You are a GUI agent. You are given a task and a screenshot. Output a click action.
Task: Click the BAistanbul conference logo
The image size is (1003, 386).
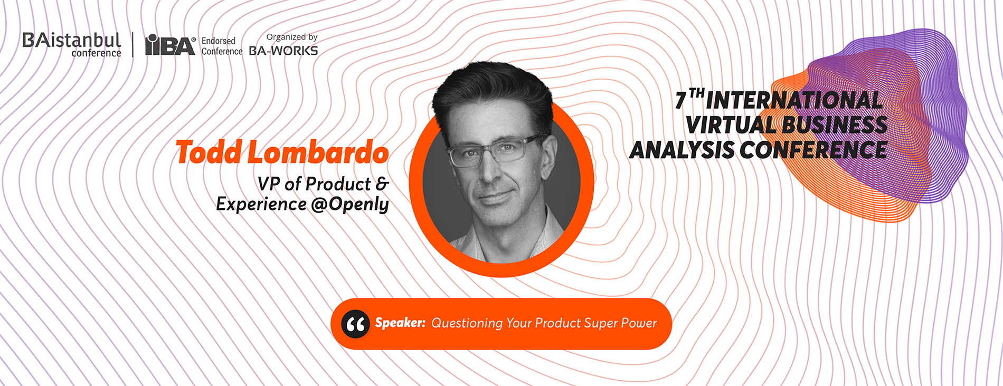coord(72,45)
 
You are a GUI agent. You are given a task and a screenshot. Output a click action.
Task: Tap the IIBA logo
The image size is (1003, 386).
coord(171,45)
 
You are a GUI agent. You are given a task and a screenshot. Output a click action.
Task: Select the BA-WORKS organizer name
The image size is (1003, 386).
coord(283,51)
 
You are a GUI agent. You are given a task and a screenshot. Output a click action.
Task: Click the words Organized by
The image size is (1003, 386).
coord(292,37)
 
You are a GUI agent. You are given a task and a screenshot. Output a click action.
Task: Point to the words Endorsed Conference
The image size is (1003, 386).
coord(222,46)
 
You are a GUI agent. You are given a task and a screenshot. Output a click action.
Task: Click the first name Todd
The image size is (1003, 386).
coord(209,152)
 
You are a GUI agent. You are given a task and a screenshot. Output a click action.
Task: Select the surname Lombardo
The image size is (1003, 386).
coord(318,152)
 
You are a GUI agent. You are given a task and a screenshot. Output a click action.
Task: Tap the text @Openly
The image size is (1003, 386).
coord(350,205)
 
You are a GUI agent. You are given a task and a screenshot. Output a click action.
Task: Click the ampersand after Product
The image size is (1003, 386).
coord(382,184)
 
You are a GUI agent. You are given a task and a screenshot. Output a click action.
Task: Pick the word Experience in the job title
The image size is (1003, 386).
coord(261,205)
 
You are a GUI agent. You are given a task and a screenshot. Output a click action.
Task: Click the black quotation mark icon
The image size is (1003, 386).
coord(355,324)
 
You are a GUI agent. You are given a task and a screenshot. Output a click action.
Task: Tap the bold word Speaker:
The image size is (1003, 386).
coord(400,323)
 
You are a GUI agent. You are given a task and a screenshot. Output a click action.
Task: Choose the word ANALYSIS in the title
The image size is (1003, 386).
coord(682,150)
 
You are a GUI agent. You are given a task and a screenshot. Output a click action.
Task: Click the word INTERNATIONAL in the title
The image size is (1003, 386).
coord(794,100)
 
